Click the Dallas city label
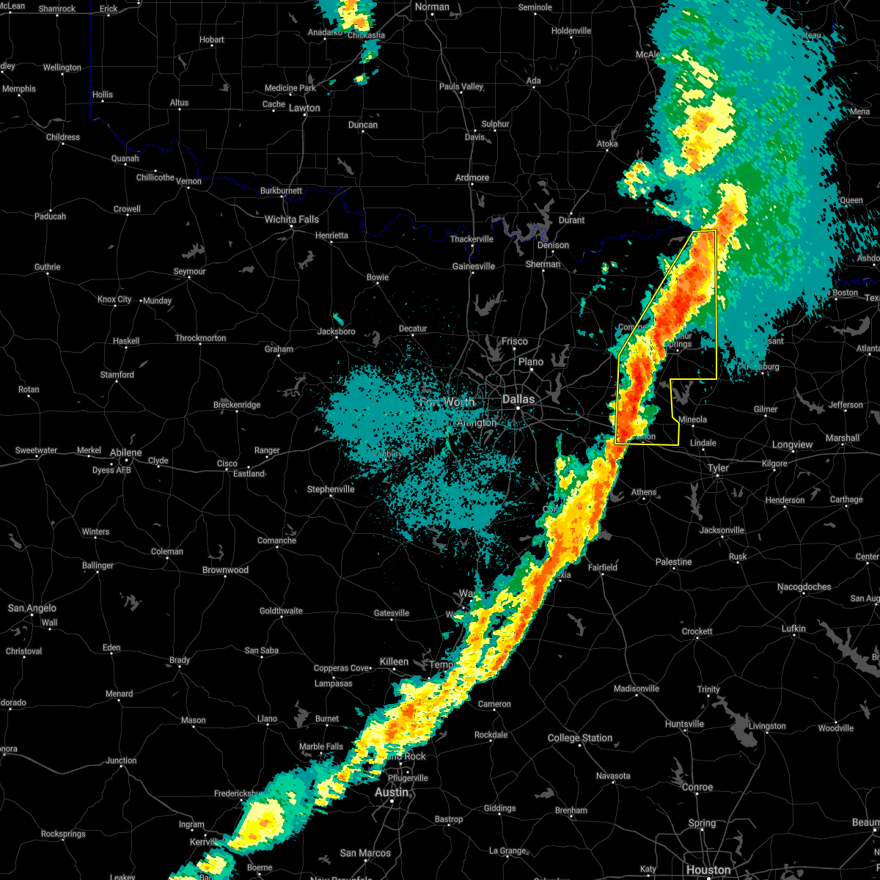pos(518,399)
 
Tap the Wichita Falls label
pos(291,219)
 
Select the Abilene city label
pos(125,452)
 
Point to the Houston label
pos(708,870)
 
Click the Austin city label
pos(391,792)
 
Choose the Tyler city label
pos(718,468)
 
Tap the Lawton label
pos(304,108)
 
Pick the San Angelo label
pos(32,608)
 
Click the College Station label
pos(580,738)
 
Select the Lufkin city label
pos(793,628)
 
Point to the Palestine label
pos(673,562)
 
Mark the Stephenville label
pos(331,489)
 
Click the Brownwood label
pos(225,570)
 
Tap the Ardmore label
pos(472,177)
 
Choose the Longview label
pos(792,444)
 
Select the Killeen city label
pos(394,661)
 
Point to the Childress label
pos(63,137)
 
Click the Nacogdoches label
pos(804,587)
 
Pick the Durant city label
pos(572,220)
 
